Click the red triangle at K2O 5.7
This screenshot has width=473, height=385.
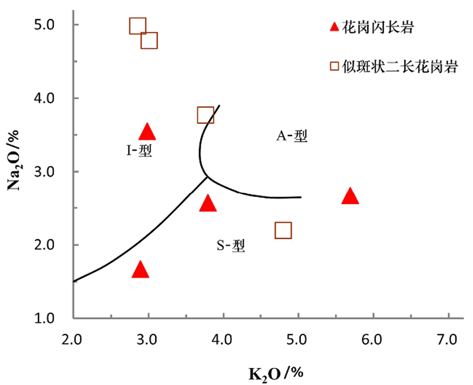click(x=350, y=197)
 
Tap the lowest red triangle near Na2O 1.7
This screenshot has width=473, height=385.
click(x=140, y=270)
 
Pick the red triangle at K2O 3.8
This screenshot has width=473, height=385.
click(x=208, y=203)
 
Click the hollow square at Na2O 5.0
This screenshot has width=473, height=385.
click(x=137, y=26)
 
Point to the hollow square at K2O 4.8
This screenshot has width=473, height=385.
click(x=283, y=230)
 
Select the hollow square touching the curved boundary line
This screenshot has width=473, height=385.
click(x=206, y=115)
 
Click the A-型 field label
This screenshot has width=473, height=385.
click(x=291, y=136)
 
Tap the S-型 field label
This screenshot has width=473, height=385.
click(x=231, y=246)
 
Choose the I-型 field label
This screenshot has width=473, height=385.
click(x=139, y=151)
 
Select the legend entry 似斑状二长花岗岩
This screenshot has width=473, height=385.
click(x=400, y=67)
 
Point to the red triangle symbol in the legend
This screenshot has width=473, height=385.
click(x=334, y=27)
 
